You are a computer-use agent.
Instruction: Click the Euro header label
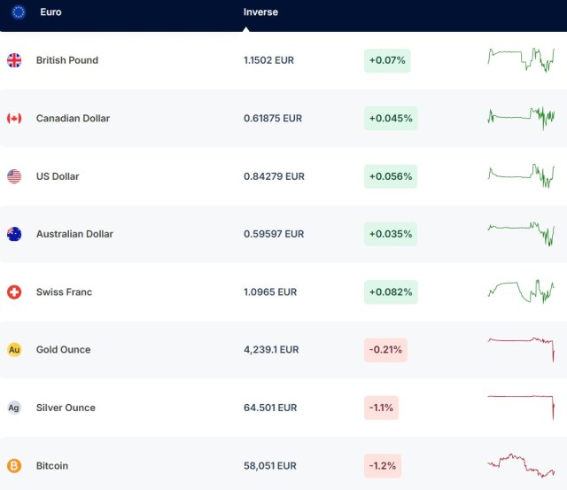coord(50,12)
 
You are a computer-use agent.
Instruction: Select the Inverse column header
coord(260,12)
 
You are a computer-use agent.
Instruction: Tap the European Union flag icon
coord(19,12)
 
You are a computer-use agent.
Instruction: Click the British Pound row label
coord(67,60)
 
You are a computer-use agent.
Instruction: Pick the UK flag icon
coord(14,60)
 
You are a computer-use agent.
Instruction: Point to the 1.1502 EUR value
coord(268,60)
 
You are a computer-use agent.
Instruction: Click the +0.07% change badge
coord(387,60)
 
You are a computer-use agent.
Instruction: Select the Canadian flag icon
coord(14,118)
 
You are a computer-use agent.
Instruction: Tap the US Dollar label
coord(58,176)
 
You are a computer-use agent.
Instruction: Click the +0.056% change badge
coord(391,176)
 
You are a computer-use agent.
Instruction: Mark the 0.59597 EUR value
coord(274,234)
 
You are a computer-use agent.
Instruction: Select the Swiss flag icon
coord(14,292)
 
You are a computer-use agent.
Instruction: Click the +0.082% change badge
coord(391,292)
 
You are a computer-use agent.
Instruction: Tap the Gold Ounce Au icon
coord(14,350)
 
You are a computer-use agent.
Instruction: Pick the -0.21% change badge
coord(385,350)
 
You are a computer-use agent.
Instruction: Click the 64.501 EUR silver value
coord(270,408)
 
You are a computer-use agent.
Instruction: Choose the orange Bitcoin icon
coord(14,466)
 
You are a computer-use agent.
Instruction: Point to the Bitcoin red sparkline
coord(521,466)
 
